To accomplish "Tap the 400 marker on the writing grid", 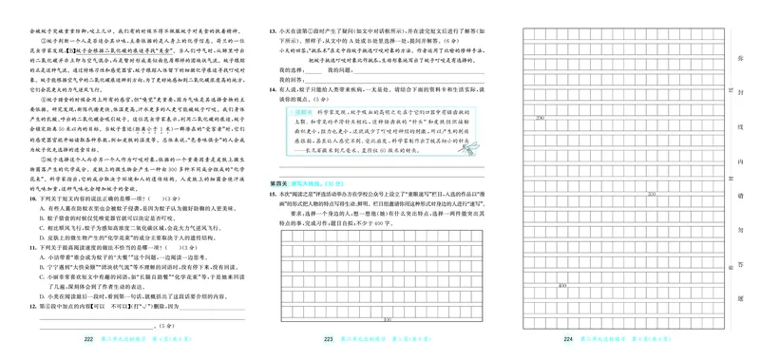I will point(563,285).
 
